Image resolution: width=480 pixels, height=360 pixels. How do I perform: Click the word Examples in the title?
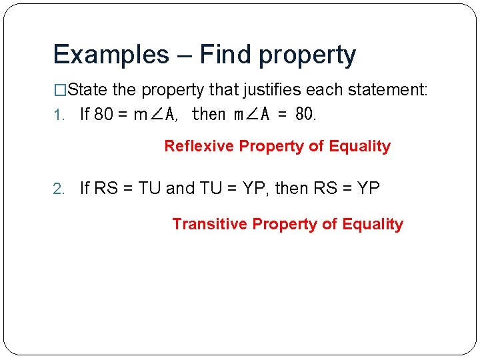pos(111,55)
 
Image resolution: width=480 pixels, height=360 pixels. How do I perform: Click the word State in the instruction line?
pos(89,90)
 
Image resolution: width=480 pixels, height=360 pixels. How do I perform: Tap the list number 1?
pos(57,115)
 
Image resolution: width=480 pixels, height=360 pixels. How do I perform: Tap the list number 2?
pos(58,189)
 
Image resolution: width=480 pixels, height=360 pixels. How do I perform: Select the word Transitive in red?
pos(210,224)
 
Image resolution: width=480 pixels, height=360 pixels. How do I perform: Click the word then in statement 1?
pos(209,115)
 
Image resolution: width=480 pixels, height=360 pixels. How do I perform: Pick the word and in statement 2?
pos(180,189)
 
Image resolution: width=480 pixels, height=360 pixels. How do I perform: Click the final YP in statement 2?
pos(368,189)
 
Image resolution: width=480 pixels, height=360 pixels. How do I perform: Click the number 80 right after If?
pos(103,115)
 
